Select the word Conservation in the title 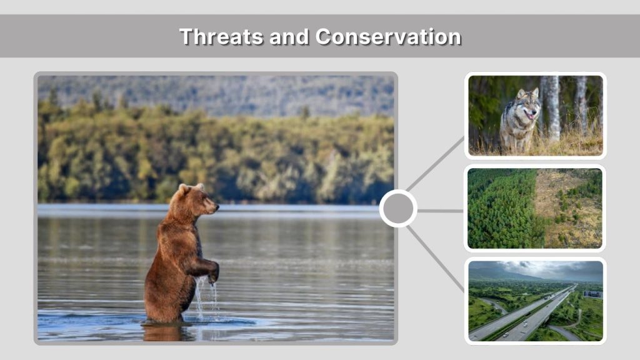click(x=388, y=37)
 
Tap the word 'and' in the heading click(x=289, y=37)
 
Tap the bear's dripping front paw click(x=213, y=276)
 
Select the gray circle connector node click(x=398, y=209)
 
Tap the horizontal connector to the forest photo click(x=441, y=211)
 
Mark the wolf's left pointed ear click(x=520, y=93)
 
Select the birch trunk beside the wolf click(x=552, y=106)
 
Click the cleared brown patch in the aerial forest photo click(x=566, y=200)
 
